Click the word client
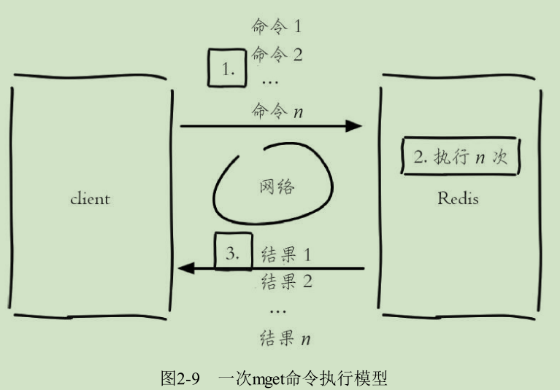pos(91,198)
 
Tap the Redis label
pos(458,198)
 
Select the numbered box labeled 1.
pos(228,69)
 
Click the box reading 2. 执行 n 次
pos(460,157)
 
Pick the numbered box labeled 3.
pos(233,254)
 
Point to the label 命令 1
pos(276,28)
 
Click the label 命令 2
pos(276,54)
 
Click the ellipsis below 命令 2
pos(269,82)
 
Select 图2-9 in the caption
pos(180,378)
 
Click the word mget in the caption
pos(272,379)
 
